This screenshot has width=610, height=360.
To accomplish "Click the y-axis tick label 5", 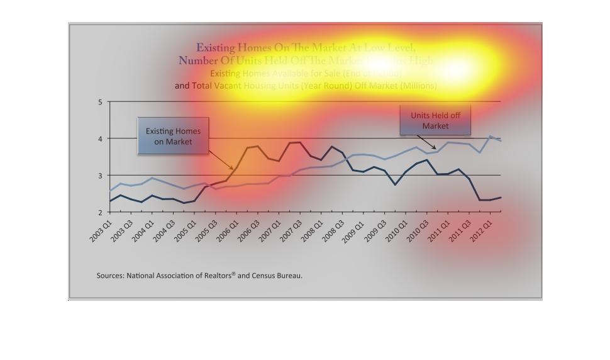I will [100, 102].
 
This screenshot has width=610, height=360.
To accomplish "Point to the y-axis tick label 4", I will [100, 138].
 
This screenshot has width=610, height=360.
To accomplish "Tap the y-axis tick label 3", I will [100, 175].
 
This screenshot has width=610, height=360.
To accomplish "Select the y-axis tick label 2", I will [100, 212].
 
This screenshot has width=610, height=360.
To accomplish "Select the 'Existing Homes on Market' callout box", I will [174, 137].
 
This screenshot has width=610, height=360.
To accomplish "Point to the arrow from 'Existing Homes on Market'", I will [221, 158].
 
